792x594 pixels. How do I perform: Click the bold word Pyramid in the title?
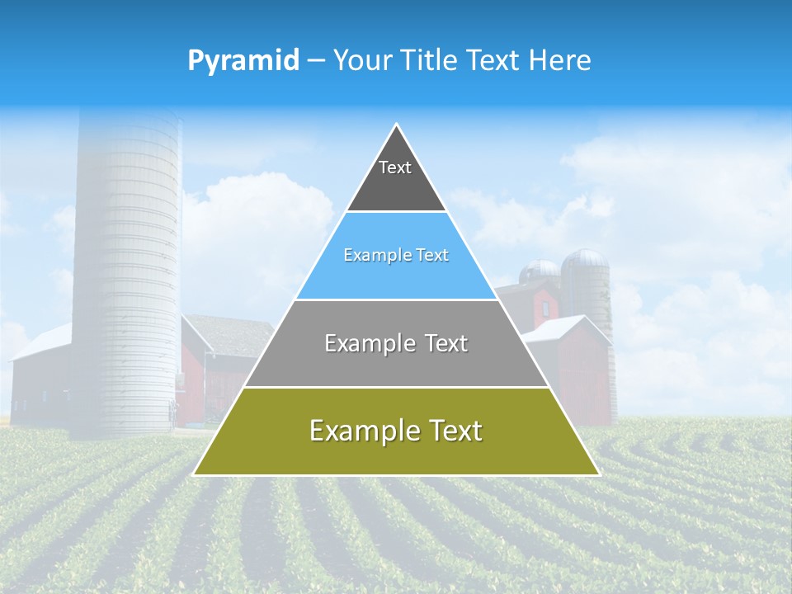pos(243,61)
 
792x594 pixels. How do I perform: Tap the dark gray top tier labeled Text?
pos(396,177)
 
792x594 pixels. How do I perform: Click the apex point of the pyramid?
pos(397,125)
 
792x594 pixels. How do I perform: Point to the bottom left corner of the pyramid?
pos(195,474)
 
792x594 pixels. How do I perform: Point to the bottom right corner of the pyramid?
pos(598,474)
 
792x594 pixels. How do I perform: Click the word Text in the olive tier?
pos(450,431)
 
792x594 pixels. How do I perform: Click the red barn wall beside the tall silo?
pos(223,379)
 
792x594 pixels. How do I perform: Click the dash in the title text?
pos(315,61)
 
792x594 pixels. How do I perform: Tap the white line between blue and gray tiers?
pos(396,299)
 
